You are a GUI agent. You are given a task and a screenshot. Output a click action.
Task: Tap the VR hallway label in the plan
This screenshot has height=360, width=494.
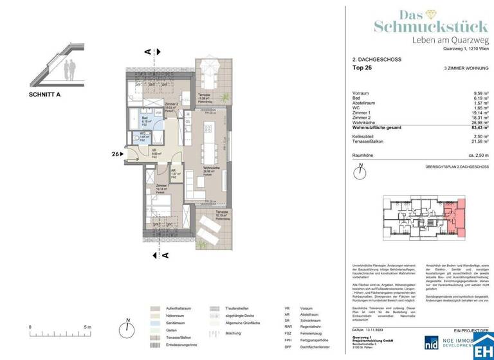click(154, 152)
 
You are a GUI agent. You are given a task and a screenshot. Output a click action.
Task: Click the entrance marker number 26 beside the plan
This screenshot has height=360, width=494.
click(116, 154)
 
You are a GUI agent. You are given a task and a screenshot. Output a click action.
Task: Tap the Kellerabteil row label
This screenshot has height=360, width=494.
click(374, 136)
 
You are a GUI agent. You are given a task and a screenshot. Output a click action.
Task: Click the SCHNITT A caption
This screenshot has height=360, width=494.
click(44, 94)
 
